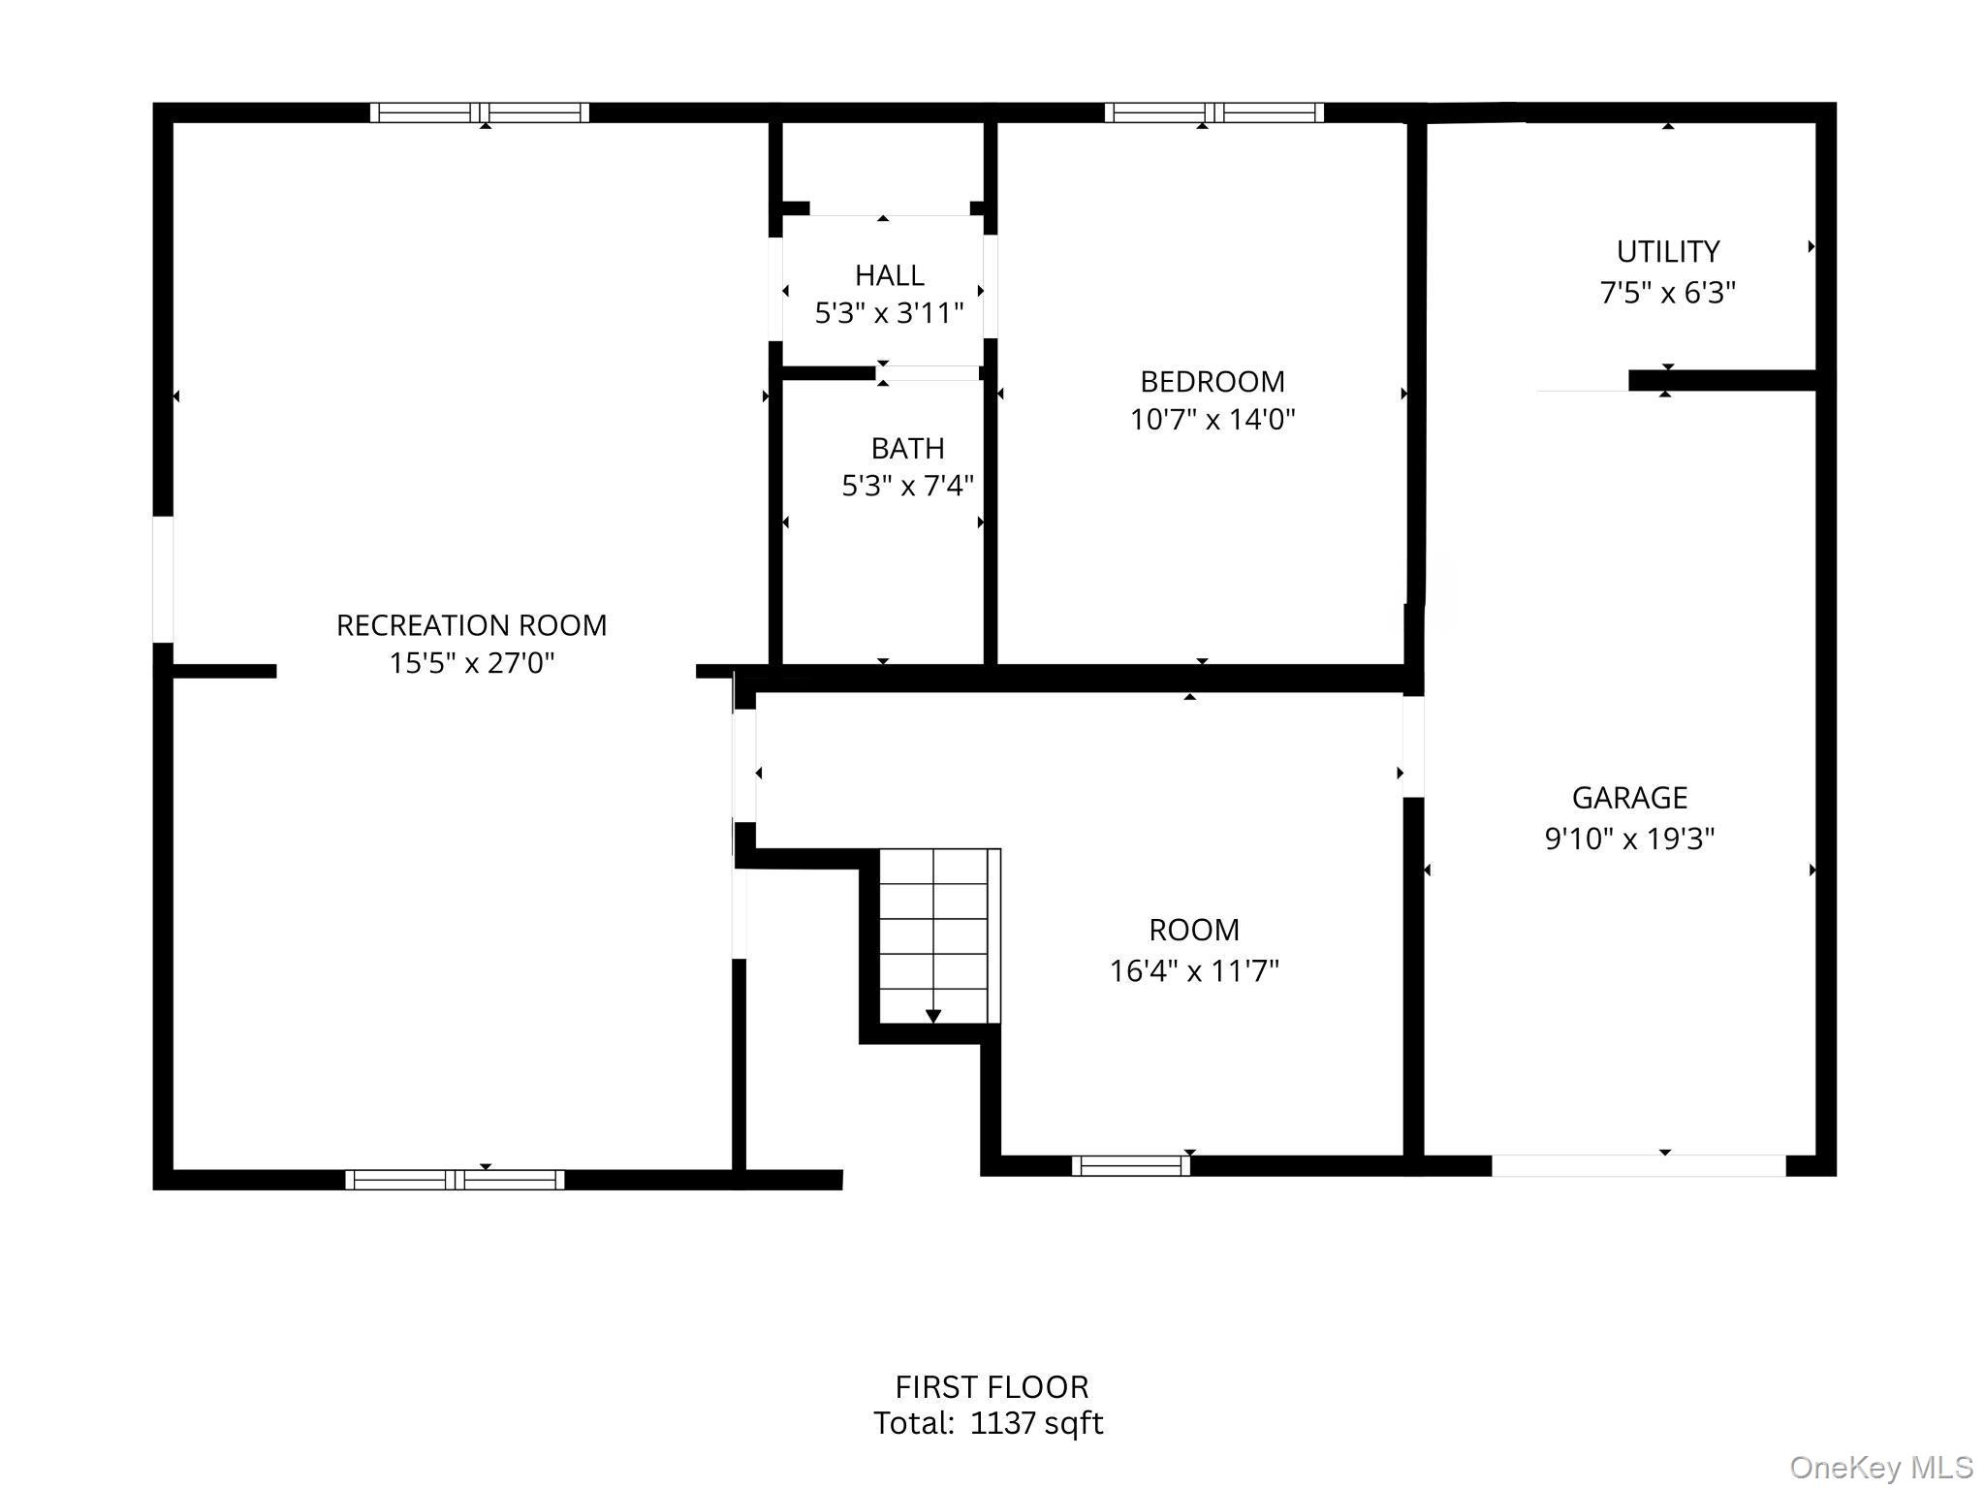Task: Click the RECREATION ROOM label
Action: pos(471,625)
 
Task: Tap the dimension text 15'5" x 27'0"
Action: pos(471,663)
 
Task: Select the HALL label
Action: pos(889,275)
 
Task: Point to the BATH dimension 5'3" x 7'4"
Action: pos(906,485)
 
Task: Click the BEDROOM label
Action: pos(1212,381)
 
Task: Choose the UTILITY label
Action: pos(1667,251)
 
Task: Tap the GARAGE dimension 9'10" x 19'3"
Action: pos(1629,838)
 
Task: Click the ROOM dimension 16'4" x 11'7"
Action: pos(1193,970)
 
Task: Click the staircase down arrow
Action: pos(932,1014)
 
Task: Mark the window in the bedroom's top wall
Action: pos(1213,112)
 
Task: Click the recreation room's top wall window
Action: pos(479,112)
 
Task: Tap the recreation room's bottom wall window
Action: pos(455,1180)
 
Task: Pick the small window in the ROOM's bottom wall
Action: pos(1130,1165)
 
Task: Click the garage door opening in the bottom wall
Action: pos(1637,1165)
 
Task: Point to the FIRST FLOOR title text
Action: pos(991,1386)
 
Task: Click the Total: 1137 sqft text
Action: pos(988,1423)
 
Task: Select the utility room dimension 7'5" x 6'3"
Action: pos(1667,292)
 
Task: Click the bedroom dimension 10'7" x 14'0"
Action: pos(1212,419)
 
